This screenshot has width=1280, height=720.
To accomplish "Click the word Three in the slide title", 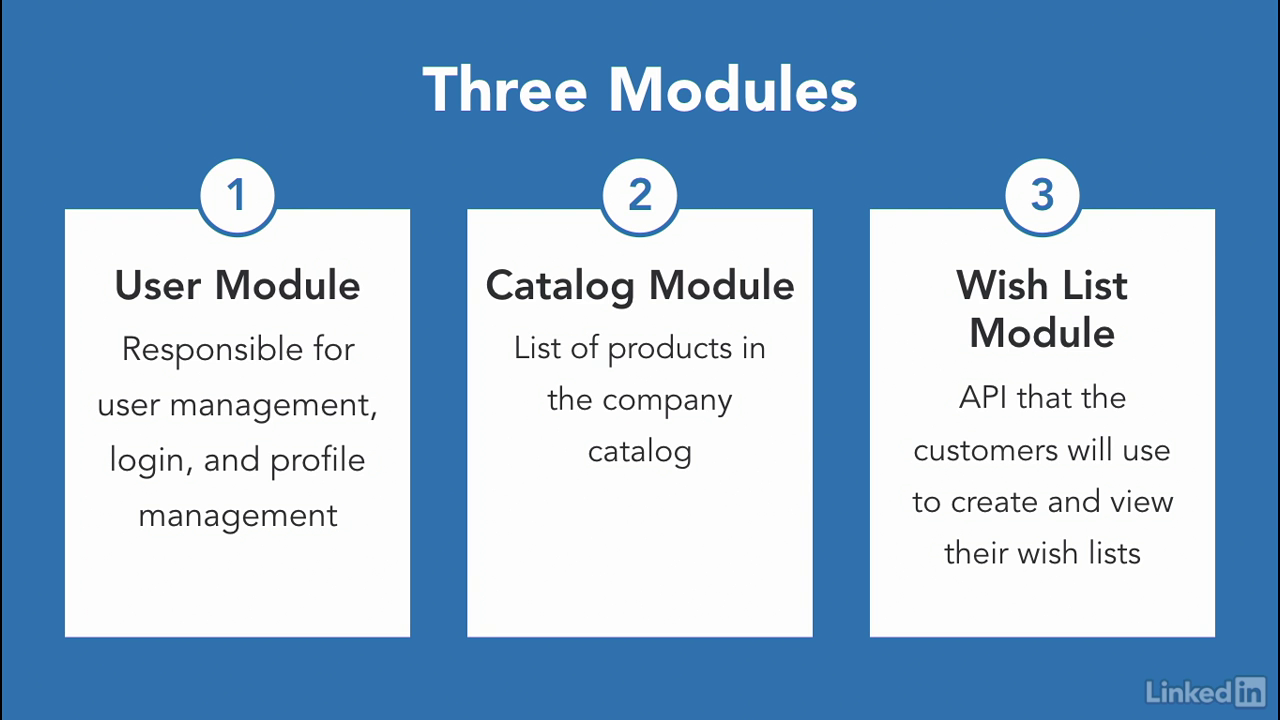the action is (x=505, y=89).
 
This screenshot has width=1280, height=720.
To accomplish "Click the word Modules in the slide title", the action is (x=733, y=89).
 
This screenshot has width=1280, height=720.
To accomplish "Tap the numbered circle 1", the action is (x=237, y=196).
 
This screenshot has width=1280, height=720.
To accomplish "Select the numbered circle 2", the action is (x=640, y=196).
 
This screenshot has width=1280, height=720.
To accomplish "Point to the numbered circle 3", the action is (x=1042, y=196).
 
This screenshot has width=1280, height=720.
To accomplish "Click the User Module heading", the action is (x=237, y=285).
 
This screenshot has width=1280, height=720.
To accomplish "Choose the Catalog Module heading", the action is (x=640, y=286).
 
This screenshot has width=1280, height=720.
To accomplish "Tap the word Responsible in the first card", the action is (x=213, y=350).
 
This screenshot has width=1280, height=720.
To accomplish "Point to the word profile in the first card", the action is (x=318, y=461).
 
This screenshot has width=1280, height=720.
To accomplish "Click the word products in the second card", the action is (x=670, y=349).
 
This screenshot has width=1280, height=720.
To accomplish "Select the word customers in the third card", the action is (x=985, y=451).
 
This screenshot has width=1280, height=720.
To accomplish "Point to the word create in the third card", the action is (x=994, y=502).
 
